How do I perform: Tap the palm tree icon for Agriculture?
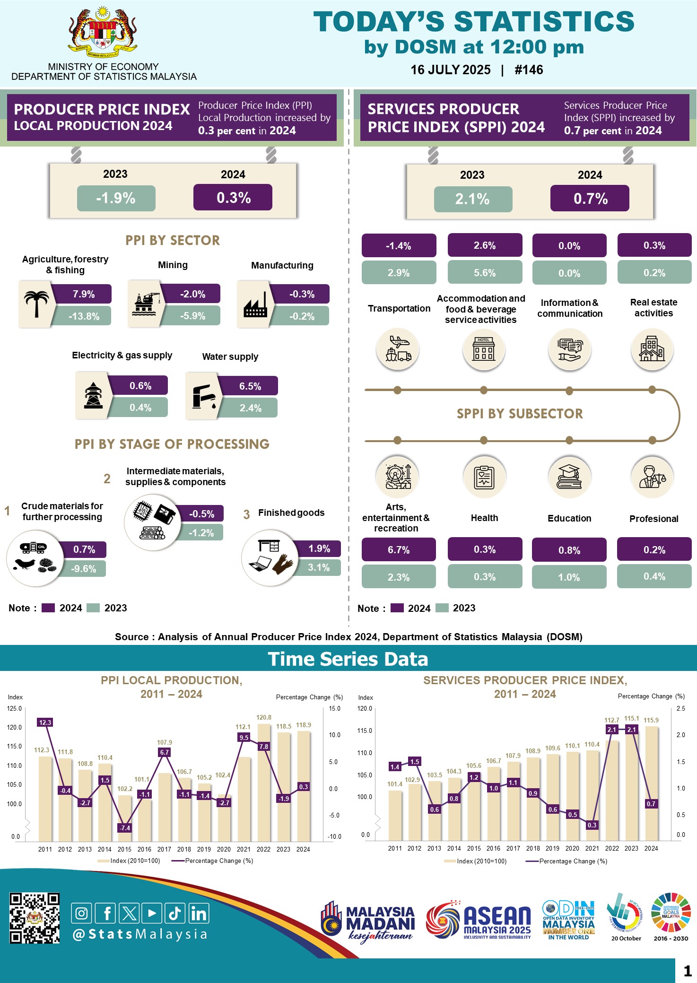36,304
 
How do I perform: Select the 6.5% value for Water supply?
250,386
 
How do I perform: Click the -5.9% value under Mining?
192,316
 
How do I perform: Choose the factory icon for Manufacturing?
255,305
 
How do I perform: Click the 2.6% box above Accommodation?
485,245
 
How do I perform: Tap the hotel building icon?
484,349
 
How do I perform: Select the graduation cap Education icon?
569,476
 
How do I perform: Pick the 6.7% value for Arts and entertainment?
399,550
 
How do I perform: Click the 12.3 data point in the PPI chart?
45,722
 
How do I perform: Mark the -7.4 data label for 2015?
125,828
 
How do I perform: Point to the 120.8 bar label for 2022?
264,717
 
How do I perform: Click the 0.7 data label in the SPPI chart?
651,804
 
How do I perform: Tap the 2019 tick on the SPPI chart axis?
552,848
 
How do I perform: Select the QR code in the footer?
35,918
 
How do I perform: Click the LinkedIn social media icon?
199,913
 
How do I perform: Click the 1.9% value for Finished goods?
319,548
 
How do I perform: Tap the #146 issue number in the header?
529,70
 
